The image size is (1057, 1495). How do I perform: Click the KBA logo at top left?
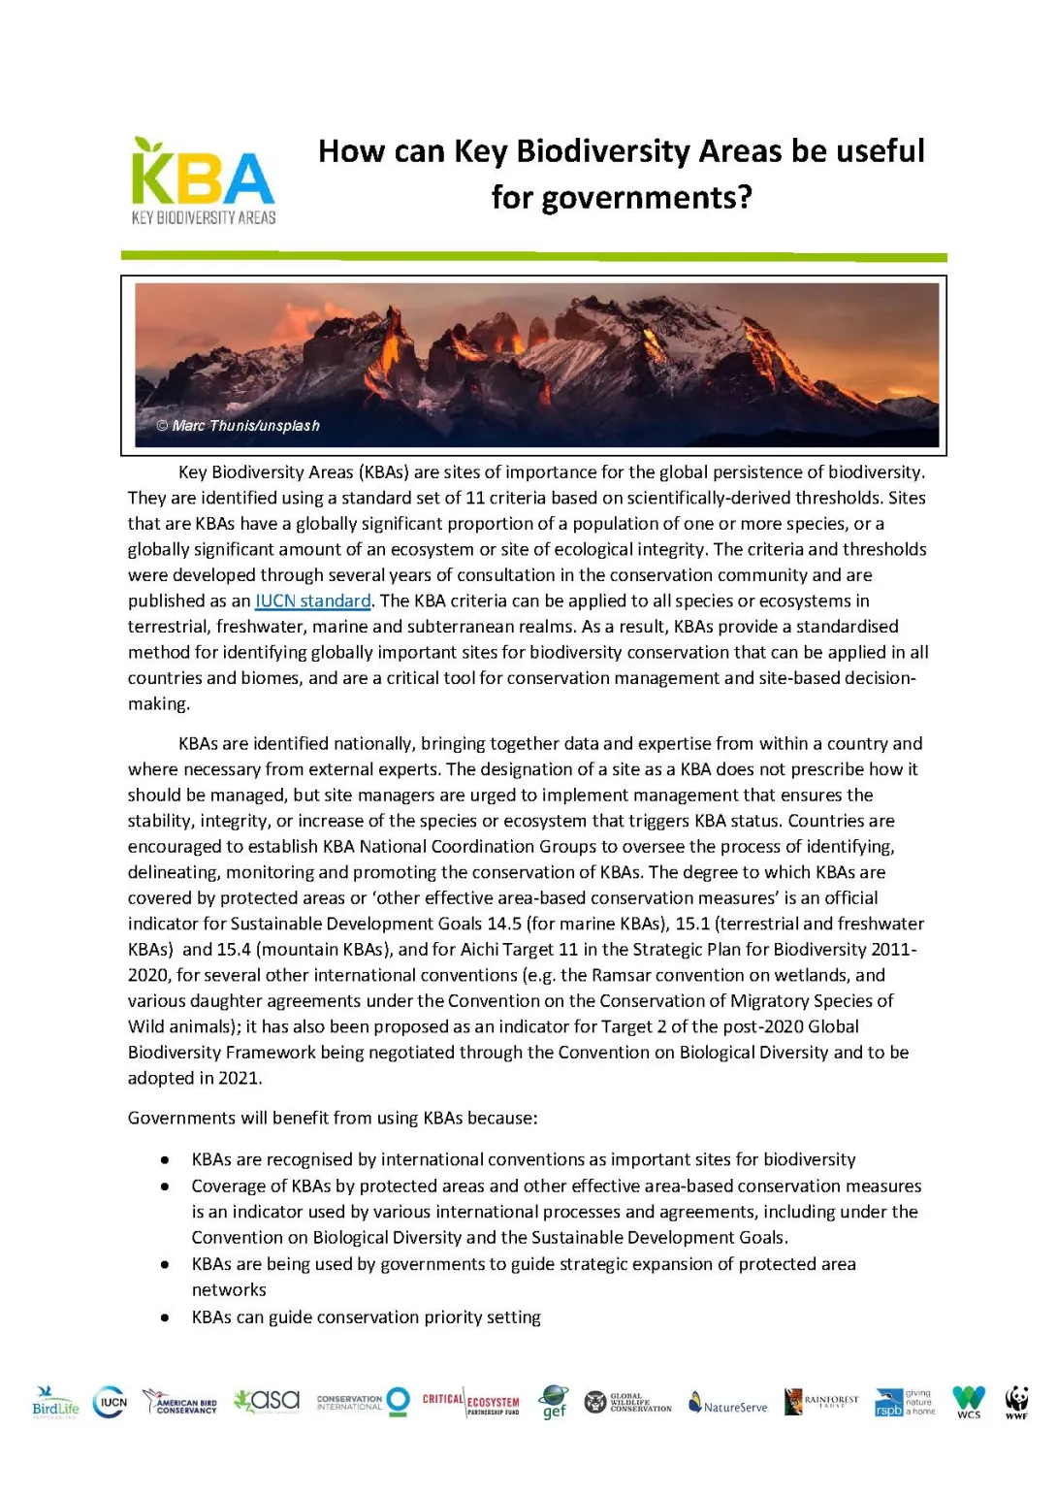coord(204,181)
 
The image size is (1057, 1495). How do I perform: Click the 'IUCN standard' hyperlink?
coord(312,601)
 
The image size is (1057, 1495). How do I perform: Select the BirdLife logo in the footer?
coord(55,1403)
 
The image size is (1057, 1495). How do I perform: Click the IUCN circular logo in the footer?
coord(110,1402)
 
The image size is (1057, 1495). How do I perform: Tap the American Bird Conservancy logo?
coord(180,1403)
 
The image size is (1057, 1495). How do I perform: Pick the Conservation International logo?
coord(363,1402)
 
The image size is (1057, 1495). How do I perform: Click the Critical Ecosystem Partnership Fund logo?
coord(470,1402)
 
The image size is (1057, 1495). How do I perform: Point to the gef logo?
coord(554,1402)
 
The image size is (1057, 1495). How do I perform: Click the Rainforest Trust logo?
coord(820,1402)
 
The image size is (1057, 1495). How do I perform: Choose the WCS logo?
coord(968,1402)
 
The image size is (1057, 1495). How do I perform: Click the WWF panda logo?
coord(1016,1402)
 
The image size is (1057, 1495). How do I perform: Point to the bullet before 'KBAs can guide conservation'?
coord(166,1317)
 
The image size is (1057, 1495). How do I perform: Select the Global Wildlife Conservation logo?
coord(627,1402)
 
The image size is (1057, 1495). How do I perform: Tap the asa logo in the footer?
coord(267,1400)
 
